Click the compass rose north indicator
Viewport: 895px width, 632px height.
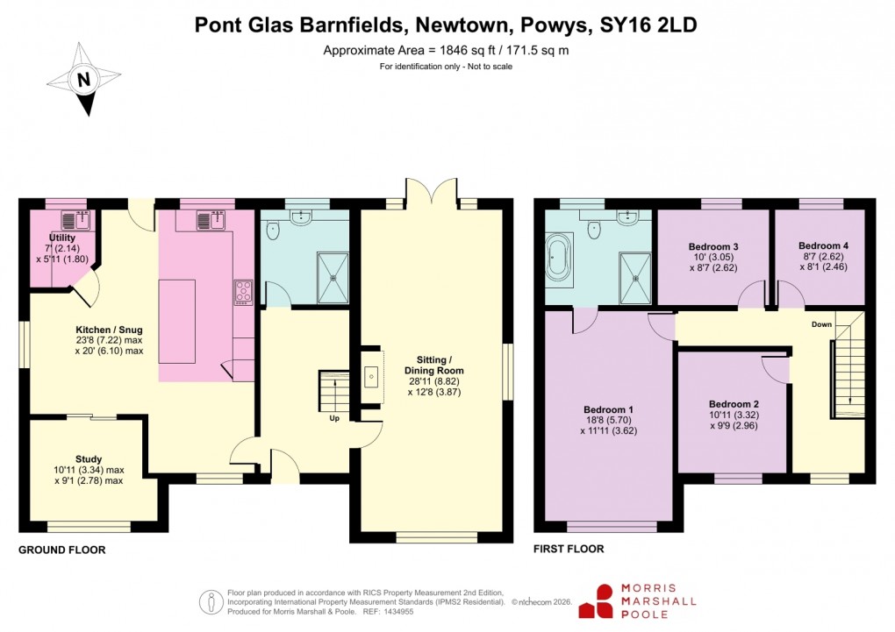click(x=84, y=81)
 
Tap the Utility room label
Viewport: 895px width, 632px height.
click(x=62, y=238)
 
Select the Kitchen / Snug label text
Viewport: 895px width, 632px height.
click(x=109, y=329)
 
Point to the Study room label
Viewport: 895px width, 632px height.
click(x=89, y=458)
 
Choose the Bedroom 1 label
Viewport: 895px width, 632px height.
click(x=608, y=409)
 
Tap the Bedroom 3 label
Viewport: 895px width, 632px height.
click(x=713, y=245)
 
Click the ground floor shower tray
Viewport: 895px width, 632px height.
click(x=333, y=275)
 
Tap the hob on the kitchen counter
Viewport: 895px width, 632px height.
click(x=243, y=292)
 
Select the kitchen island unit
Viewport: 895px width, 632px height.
click(x=177, y=321)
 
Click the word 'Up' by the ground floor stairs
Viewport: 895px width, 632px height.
click(x=333, y=418)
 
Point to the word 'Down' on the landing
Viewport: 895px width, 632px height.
click(x=821, y=324)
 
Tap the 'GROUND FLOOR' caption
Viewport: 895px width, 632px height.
click(x=62, y=550)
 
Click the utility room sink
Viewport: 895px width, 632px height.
click(x=72, y=220)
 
